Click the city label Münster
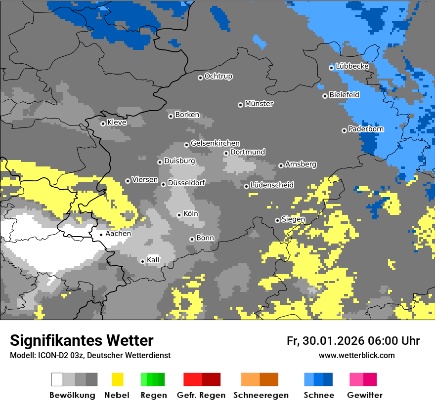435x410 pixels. [259, 104]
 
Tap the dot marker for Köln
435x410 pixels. [179, 215]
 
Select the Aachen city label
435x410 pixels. [118, 234]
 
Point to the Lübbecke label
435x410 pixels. [352, 66]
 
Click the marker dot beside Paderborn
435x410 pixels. [344, 130]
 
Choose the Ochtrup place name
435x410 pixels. [218, 77]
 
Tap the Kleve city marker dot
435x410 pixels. [103, 123]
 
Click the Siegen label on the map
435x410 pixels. [294, 219]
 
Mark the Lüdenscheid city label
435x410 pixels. [272, 185]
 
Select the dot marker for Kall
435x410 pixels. [142, 261]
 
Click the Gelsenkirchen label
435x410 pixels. [215, 143]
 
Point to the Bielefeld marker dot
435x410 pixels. [325, 96]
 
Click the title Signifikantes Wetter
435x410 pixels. [82, 340]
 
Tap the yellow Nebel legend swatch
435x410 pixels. [117, 379]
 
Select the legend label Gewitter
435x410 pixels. [365, 395]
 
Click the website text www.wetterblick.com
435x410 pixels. [356, 355]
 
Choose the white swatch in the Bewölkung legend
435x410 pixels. [57, 379]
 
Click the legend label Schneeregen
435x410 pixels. [260, 395]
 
